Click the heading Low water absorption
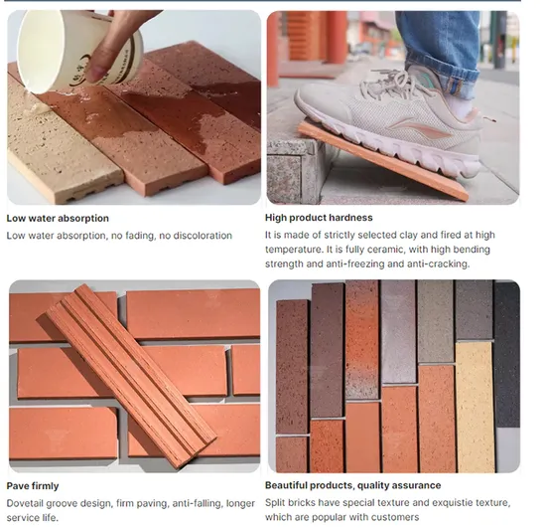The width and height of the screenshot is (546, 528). coord(58,218)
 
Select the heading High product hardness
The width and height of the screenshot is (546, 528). coord(319,218)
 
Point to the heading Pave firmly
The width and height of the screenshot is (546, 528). coord(33,486)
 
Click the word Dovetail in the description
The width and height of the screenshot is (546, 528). coord(28,503)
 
